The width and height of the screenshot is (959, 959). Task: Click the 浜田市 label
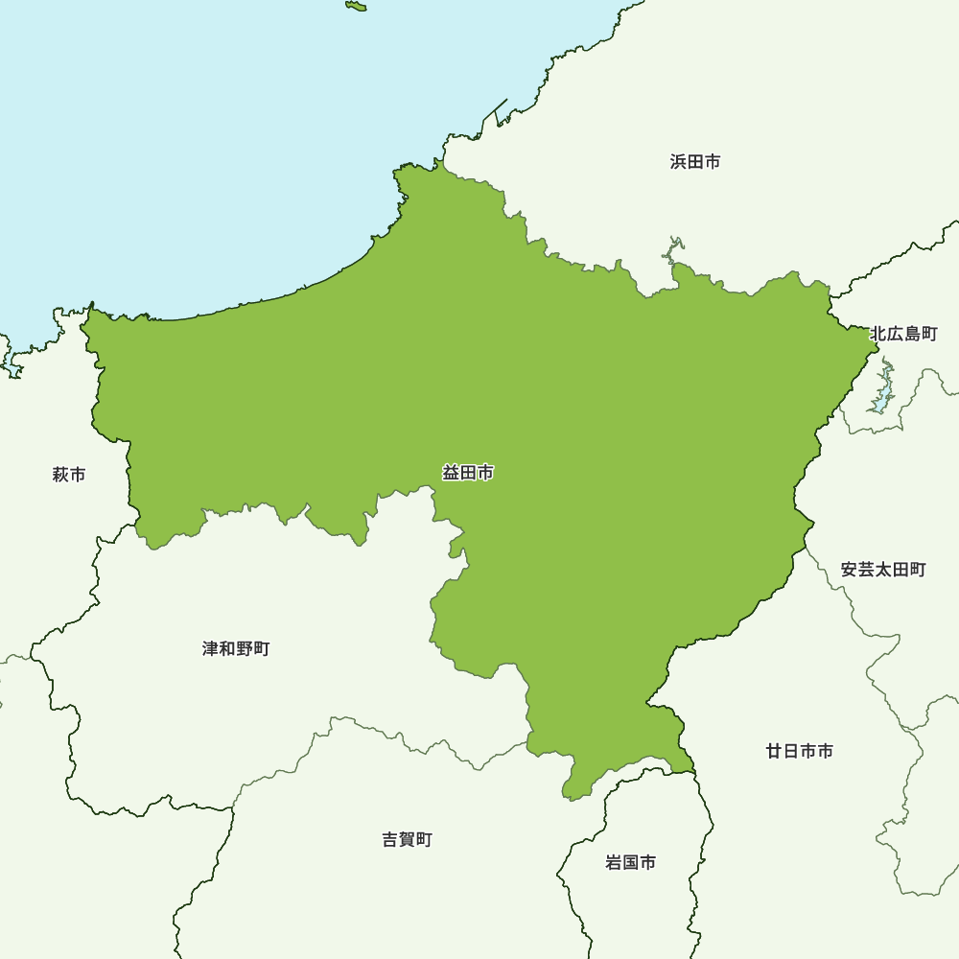(x=695, y=161)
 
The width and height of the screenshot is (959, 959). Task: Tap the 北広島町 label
(x=903, y=334)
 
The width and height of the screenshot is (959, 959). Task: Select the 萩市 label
(x=69, y=474)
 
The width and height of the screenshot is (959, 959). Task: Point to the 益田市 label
(x=468, y=473)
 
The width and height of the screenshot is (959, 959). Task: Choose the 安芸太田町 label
(x=883, y=570)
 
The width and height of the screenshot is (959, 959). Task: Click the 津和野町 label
(x=236, y=649)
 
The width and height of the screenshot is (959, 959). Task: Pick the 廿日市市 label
(x=799, y=751)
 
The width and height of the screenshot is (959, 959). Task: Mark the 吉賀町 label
(x=407, y=840)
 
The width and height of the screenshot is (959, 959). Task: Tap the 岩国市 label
(x=631, y=862)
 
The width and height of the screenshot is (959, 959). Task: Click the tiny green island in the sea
(x=356, y=7)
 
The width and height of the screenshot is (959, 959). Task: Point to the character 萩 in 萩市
(x=60, y=474)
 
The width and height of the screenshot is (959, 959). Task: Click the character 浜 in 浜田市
(x=678, y=161)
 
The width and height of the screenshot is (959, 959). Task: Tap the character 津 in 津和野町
(x=210, y=649)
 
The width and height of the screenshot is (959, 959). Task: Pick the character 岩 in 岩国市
(x=614, y=862)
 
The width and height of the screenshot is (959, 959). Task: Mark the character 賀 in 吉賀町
(x=407, y=840)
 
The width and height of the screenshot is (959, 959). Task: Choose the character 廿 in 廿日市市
(x=774, y=751)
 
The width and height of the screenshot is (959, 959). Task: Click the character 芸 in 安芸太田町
(x=866, y=570)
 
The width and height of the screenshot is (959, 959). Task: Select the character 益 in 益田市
(x=451, y=473)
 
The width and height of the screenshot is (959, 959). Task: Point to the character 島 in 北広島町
(x=912, y=334)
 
